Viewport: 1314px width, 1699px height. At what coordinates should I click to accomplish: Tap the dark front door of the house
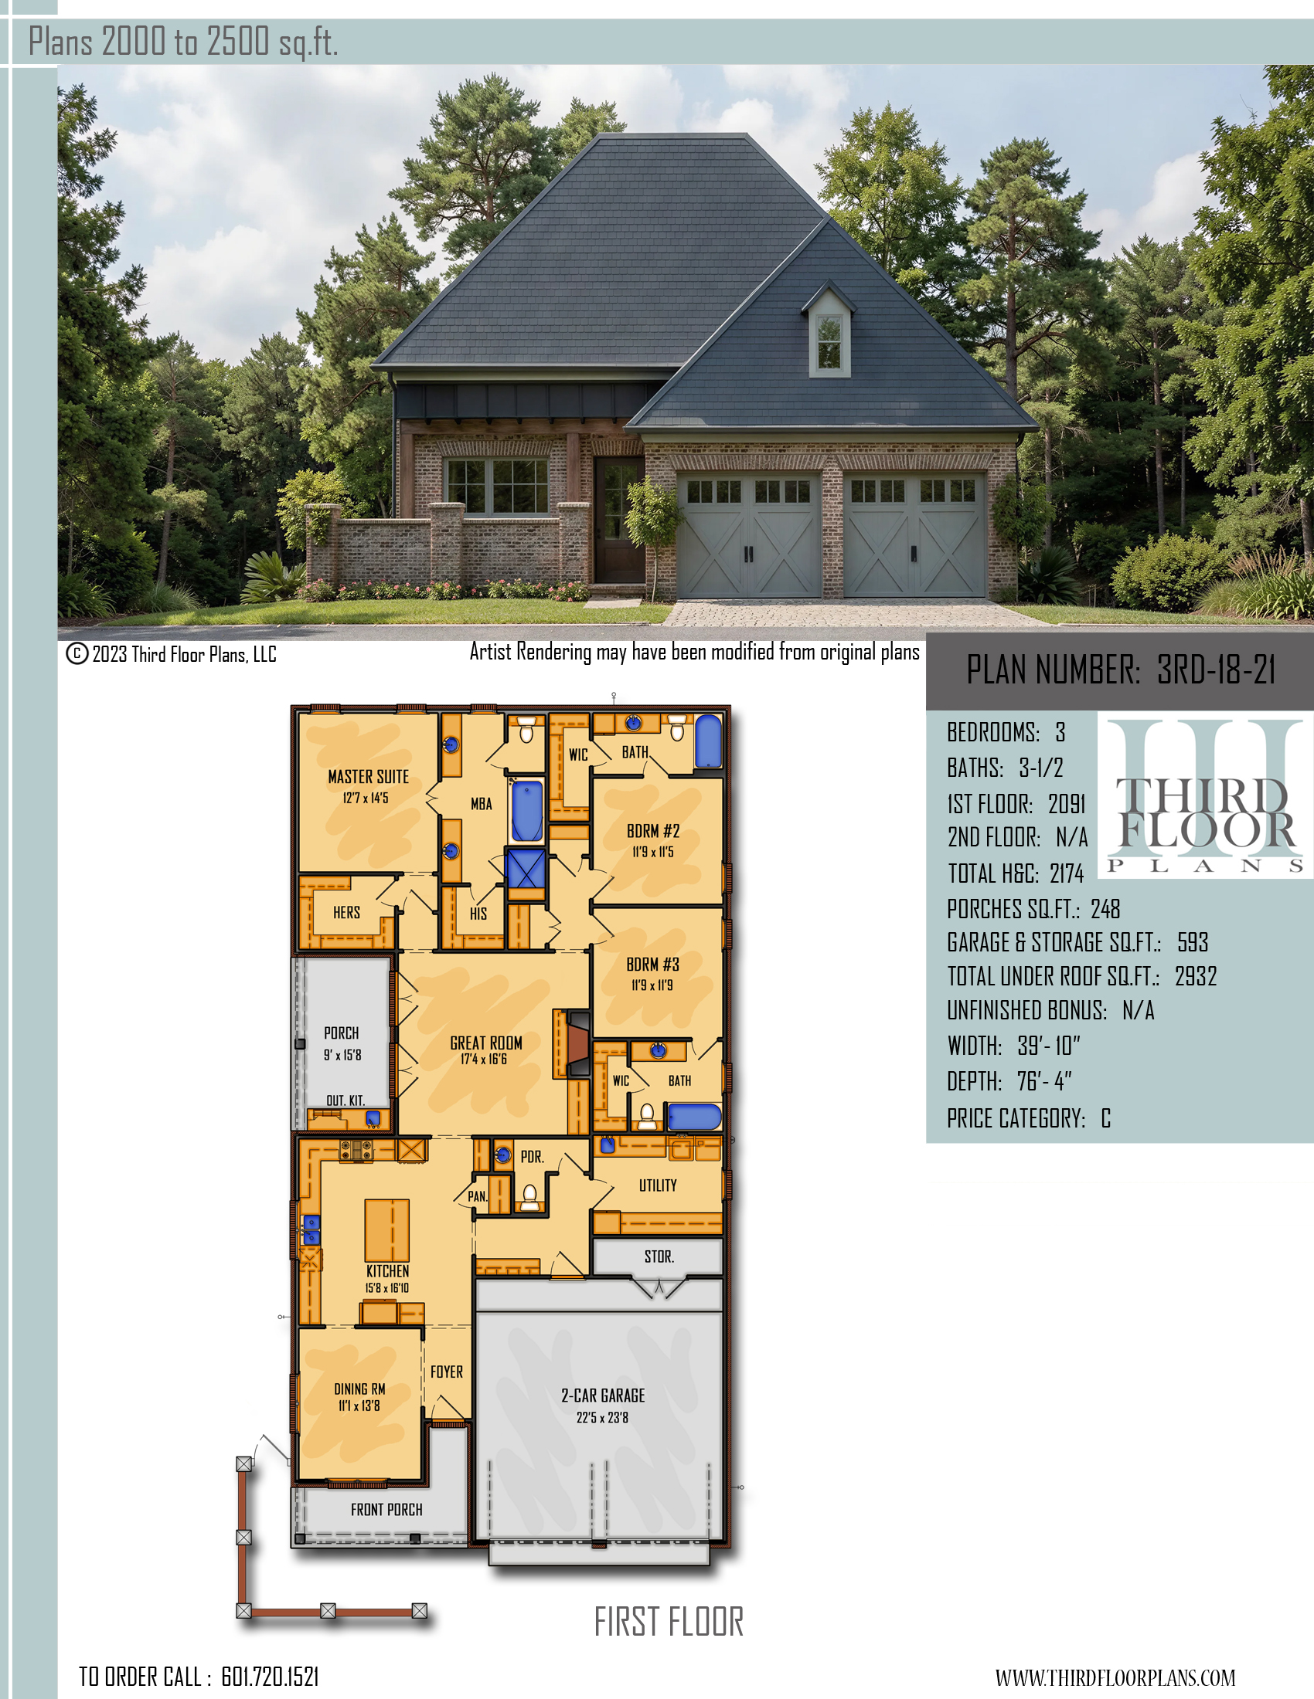pyautogui.click(x=619, y=520)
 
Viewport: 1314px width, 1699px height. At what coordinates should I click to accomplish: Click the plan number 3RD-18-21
pyautogui.click(x=1216, y=670)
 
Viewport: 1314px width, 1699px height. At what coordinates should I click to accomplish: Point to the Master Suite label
pyautogui.click(x=368, y=777)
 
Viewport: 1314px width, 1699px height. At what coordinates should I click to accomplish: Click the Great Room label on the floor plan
pyautogui.click(x=485, y=1043)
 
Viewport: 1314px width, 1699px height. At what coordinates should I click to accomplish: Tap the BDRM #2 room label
pyautogui.click(x=653, y=832)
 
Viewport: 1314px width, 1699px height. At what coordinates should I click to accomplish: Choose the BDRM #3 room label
pyautogui.click(x=653, y=965)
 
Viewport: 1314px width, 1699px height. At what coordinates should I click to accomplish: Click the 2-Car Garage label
pyautogui.click(x=604, y=1395)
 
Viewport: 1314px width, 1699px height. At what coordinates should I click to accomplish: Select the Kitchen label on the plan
pyautogui.click(x=388, y=1271)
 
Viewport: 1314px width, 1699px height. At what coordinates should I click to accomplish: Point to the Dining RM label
pyautogui.click(x=359, y=1389)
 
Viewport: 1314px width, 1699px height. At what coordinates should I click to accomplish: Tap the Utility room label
pyautogui.click(x=658, y=1185)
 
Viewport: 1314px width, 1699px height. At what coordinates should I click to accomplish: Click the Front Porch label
pyautogui.click(x=387, y=1510)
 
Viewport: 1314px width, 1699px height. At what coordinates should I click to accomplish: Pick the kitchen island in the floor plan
pyautogui.click(x=387, y=1230)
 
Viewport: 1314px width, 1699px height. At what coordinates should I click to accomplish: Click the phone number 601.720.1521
pyautogui.click(x=270, y=1677)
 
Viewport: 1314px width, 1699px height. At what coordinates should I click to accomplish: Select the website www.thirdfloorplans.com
pyautogui.click(x=1115, y=1677)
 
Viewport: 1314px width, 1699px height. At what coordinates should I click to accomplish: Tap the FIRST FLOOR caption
pyautogui.click(x=669, y=1622)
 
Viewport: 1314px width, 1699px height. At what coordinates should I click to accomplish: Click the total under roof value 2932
pyautogui.click(x=1196, y=976)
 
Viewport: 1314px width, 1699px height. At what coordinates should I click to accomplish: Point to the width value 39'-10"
pyautogui.click(x=1049, y=1046)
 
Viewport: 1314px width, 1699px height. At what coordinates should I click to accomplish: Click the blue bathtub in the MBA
pyautogui.click(x=527, y=811)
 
